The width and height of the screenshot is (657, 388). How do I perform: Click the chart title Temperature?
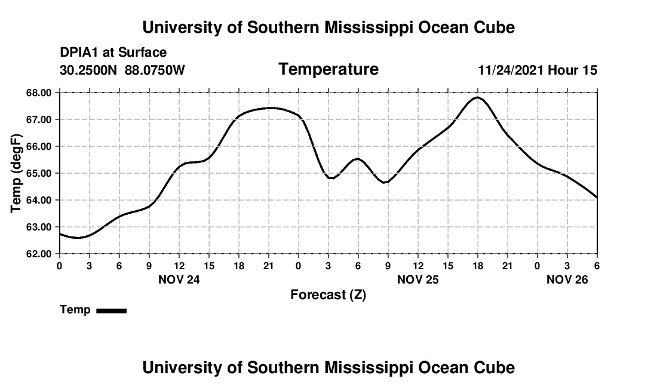click(328, 69)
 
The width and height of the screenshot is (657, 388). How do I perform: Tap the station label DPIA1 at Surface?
click(113, 53)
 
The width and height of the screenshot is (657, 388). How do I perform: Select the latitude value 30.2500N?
click(89, 70)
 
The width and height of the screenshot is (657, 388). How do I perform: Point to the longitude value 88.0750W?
click(155, 70)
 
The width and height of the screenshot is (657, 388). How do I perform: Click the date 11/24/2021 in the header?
click(511, 70)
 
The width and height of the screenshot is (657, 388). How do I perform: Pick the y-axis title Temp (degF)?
click(17, 173)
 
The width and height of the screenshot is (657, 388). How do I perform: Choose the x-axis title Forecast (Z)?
click(328, 294)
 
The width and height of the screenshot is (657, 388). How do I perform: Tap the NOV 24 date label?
click(179, 279)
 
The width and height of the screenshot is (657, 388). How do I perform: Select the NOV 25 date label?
click(417, 279)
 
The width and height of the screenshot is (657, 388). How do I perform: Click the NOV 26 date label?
click(567, 279)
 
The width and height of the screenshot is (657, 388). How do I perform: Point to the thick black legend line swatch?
click(112, 310)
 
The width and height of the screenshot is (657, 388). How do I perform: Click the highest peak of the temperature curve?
click(477, 97)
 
